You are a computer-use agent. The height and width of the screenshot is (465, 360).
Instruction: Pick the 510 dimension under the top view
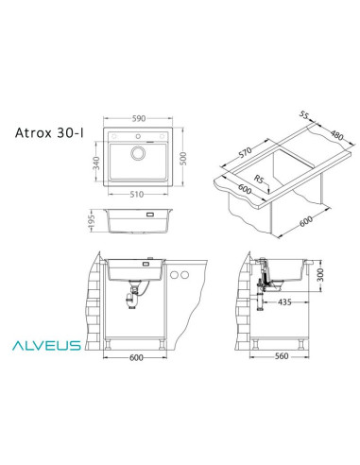point(138,197)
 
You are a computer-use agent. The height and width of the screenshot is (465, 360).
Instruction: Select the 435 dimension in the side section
point(284,304)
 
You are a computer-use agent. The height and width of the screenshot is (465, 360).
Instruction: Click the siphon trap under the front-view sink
point(136,301)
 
